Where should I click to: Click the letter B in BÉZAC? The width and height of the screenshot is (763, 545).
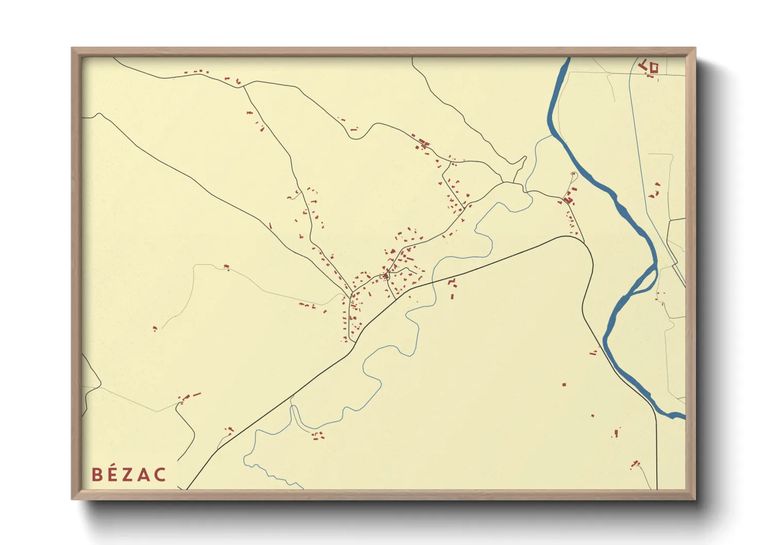(x=97, y=474)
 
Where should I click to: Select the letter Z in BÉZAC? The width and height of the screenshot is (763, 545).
(x=128, y=474)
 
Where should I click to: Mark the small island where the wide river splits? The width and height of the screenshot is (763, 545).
(x=644, y=281)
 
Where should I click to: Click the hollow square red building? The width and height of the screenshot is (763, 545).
(x=654, y=67)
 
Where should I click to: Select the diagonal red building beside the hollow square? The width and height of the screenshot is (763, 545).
(x=643, y=65)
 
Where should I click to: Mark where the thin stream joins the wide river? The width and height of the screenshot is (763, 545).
(x=552, y=135)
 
